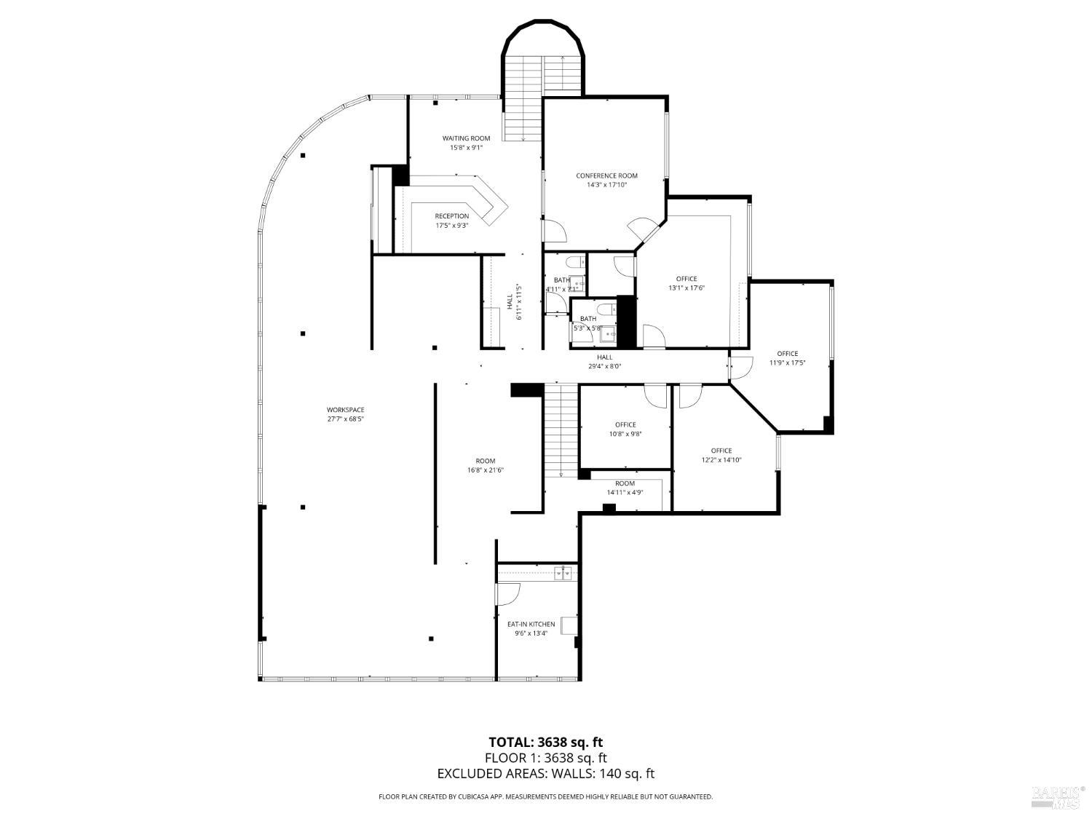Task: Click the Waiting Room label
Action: click(x=466, y=138)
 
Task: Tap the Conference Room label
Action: click(x=606, y=175)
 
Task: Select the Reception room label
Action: click(x=451, y=216)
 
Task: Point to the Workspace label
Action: click(x=345, y=410)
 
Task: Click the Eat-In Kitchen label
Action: click(x=531, y=624)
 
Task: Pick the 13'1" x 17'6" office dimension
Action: click(x=687, y=288)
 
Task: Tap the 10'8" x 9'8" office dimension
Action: click(x=625, y=434)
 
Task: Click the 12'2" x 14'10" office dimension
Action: click(x=721, y=459)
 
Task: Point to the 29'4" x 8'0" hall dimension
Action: click(x=604, y=366)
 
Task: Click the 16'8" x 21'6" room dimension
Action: click(x=485, y=470)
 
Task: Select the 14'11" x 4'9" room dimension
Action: click(x=625, y=492)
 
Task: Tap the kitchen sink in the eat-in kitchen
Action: click(x=563, y=574)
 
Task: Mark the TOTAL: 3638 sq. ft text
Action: click(x=545, y=743)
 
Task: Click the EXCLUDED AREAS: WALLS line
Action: click(x=545, y=774)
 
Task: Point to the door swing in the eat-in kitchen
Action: click(x=508, y=593)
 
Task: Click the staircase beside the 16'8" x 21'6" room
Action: click(x=561, y=430)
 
